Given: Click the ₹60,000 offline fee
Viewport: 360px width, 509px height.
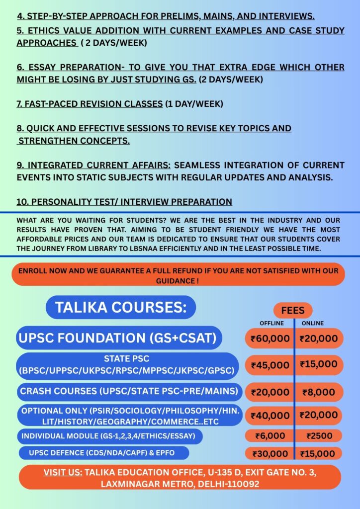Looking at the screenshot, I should tap(270, 339).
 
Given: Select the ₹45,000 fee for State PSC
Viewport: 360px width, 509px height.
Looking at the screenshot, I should tap(270, 365).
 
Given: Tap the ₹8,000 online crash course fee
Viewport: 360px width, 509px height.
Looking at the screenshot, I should tap(319, 392).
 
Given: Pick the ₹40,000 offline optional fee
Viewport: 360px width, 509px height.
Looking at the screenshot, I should tap(270, 416).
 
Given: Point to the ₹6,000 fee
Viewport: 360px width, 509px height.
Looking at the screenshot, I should tap(270, 436).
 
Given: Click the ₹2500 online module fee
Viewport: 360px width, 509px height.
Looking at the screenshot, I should tap(319, 436).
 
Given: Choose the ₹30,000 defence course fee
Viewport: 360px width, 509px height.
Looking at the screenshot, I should tap(270, 454).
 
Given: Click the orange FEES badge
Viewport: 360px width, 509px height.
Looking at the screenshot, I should tap(293, 310).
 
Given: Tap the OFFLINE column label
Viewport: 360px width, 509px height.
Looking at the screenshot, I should tap(271, 323).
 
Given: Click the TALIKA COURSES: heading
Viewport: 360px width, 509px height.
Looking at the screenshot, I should tap(121, 307).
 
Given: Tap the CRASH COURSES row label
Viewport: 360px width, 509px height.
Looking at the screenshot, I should tap(128, 392).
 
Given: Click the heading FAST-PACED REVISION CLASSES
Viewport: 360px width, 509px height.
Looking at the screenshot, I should tap(90, 104).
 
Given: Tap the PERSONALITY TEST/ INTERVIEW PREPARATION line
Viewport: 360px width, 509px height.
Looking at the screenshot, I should tap(124, 202).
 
